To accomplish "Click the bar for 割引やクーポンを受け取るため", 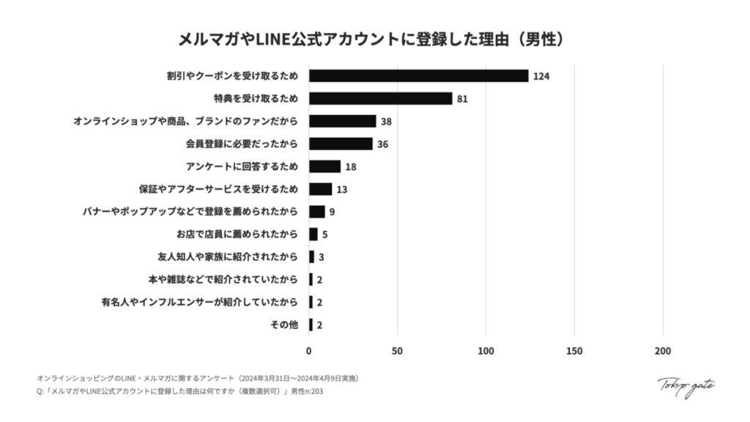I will (x=418, y=75).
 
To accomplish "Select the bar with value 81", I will (x=380, y=98).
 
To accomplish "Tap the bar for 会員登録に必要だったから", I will (x=341, y=144).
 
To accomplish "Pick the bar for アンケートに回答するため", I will (x=324, y=166).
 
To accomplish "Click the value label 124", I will (x=541, y=76).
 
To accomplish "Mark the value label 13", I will (x=342, y=189).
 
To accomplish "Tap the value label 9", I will (x=332, y=212).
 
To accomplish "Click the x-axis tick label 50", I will (x=398, y=351).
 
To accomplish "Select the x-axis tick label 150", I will (x=575, y=351).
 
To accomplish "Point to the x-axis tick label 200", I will (x=663, y=351).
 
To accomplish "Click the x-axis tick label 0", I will (x=309, y=351).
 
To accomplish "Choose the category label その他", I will (x=284, y=325).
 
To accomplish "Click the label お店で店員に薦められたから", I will (x=237, y=234).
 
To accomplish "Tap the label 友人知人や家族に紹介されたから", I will (x=228, y=257).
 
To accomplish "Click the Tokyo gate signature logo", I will (x=686, y=386).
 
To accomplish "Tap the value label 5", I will (x=324, y=234).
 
